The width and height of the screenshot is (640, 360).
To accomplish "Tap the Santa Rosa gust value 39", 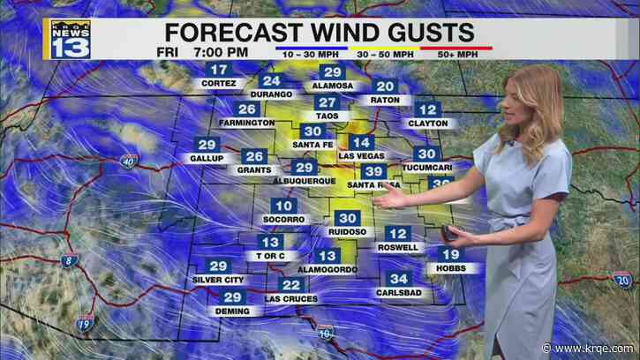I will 374,171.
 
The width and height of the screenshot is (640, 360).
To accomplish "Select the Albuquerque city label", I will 302,181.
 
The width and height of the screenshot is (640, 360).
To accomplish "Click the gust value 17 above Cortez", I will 218,70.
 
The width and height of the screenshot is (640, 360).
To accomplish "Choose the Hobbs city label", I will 448,267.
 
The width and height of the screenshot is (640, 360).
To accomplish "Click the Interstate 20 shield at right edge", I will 622,281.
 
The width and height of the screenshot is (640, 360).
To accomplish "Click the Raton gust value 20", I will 384,86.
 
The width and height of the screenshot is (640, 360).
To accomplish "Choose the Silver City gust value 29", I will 215,266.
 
